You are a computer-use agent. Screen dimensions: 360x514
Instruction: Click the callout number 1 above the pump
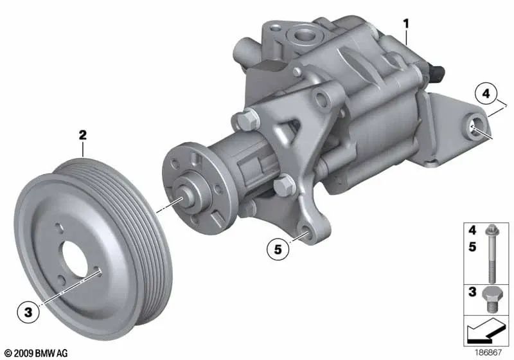click(x=405, y=24)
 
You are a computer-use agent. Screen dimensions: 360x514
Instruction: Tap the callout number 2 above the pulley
click(x=83, y=135)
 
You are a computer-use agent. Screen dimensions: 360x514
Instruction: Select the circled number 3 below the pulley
click(x=28, y=313)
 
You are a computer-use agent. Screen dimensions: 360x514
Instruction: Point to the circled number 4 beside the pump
click(x=486, y=94)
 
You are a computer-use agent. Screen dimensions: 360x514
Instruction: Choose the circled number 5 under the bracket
click(x=278, y=250)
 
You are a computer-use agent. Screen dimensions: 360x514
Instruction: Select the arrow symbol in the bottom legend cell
click(x=486, y=332)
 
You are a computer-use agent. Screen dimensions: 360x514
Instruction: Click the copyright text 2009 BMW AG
click(x=37, y=353)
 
